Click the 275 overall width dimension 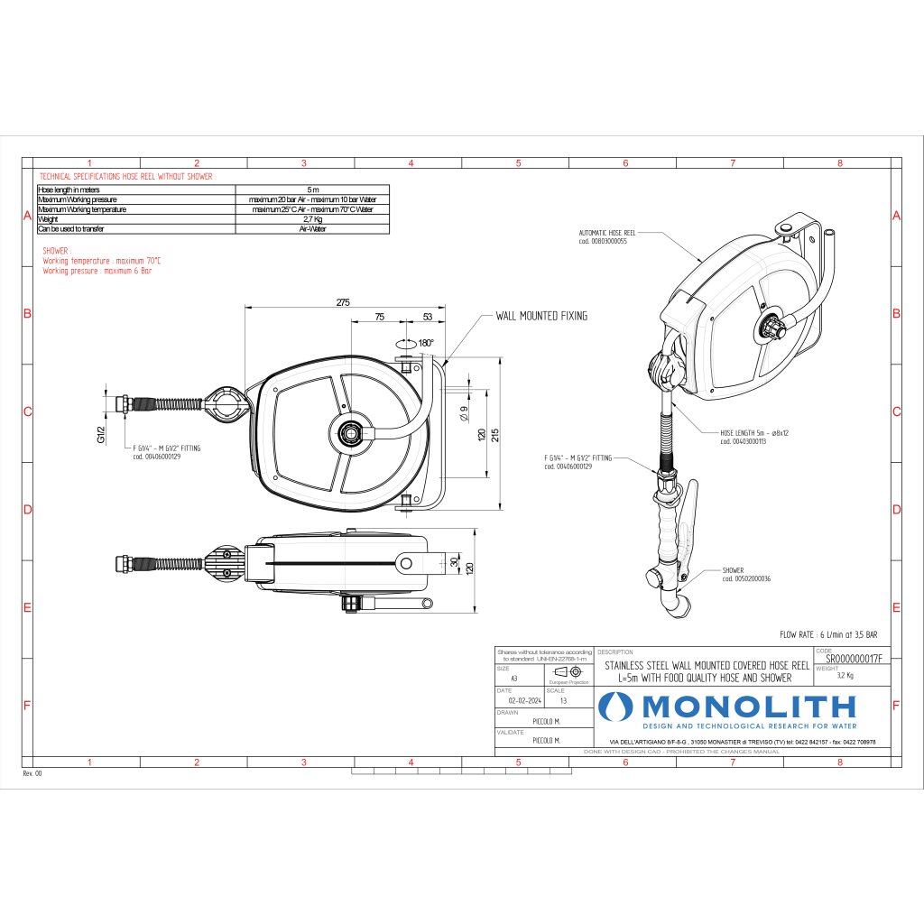click(x=343, y=303)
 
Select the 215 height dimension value click(x=496, y=434)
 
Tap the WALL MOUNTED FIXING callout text click(x=541, y=316)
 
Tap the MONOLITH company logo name click(x=749, y=706)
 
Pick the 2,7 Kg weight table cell click(x=312, y=219)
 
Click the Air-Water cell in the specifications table click(x=312, y=229)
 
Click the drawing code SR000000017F click(x=853, y=660)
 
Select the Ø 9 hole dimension click(x=463, y=416)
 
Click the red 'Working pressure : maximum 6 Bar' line click(x=97, y=270)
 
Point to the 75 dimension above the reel click(x=379, y=317)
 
